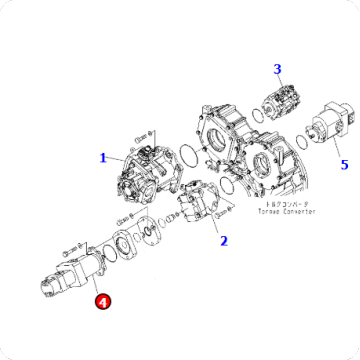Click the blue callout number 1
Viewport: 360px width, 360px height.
(x=103, y=157)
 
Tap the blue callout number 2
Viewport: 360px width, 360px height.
(x=223, y=240)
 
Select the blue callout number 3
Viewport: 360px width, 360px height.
(x=278, y=69)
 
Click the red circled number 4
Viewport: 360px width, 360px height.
(x=101, y=297)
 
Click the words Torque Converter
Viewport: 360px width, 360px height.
(x=259, y=212)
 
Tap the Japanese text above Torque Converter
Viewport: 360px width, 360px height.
(x=258, y=203)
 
